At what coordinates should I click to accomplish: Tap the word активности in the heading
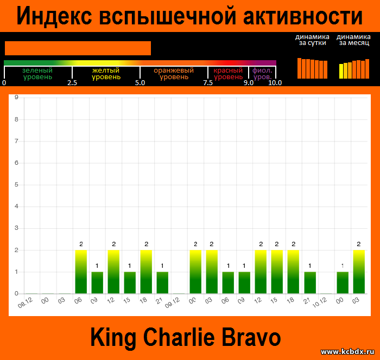point(303,16)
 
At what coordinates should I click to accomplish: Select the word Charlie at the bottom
point(179,337)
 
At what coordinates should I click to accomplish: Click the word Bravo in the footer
point(251,337)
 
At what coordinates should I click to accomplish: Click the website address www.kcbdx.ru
point(347,351)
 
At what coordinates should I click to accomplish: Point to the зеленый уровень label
point(37,74)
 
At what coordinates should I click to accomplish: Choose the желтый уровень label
point(106,74)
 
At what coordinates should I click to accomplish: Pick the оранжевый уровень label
point(174,74)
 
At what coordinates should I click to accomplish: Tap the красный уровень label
point(228,74)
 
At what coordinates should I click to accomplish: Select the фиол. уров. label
point(262,74)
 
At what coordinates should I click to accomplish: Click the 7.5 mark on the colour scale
point(208,83)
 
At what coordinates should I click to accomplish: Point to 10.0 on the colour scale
point(275,83)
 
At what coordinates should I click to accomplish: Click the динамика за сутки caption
point(312,40)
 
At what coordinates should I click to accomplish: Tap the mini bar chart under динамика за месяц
point(354,69)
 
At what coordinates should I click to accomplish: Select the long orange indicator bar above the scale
point(78,48)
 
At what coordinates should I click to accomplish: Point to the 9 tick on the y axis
point(16,98)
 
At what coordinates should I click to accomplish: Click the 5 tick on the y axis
point(16,184)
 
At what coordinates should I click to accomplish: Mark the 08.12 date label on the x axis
point(25,303)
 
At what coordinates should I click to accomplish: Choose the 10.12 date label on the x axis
point(320,303)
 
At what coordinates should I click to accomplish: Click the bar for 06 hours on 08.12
point(81,272)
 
